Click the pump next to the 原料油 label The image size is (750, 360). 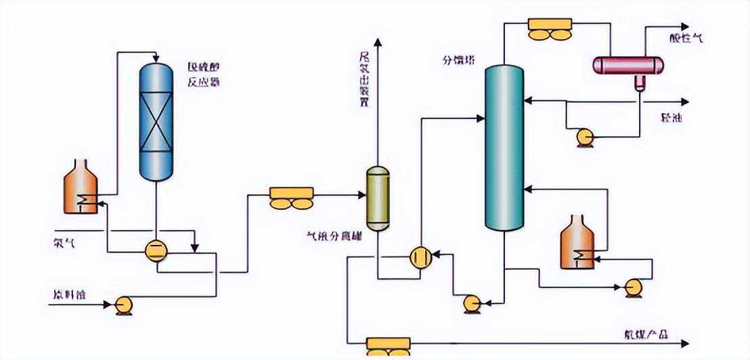click(x=123, y=305)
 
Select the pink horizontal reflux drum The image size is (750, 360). click(x=627, y=65)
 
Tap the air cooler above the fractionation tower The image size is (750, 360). click(x=550, y=28)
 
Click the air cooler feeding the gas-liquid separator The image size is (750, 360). click(x=292, y=197)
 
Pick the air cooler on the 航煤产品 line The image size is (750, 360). click(x=388, y=346)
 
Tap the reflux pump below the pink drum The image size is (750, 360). click(x=583, y=138)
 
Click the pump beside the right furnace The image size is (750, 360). click(x=634, y=287)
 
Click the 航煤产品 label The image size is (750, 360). click(x=646, y=334)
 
